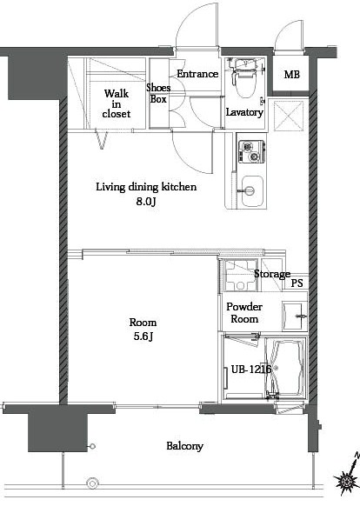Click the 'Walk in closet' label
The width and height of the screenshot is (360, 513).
[x=116, y=103]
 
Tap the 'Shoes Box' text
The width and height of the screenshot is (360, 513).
[x=158, y=93]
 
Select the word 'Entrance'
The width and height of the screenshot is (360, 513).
[x=197, y=74]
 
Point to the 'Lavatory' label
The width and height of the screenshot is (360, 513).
[x=244, y=112]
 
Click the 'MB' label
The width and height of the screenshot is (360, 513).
[x=291, y=74]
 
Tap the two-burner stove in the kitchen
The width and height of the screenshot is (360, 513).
[x=249, y=152]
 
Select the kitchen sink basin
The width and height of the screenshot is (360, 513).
[x=251, y=189]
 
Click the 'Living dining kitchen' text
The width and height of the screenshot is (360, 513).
[x=146, y=187]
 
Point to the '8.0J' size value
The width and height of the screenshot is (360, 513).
[x=145, y=202]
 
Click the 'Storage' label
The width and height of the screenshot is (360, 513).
[x=271, y=275]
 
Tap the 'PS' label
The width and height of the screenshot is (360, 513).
[x=297, y=283]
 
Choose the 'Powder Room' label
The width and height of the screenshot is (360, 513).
[x=243, y=313]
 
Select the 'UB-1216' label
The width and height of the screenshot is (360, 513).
[x=246, y=370]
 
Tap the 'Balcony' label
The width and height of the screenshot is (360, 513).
[x=184, y=446]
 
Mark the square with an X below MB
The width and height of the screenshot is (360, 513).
[x=288, y=115]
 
